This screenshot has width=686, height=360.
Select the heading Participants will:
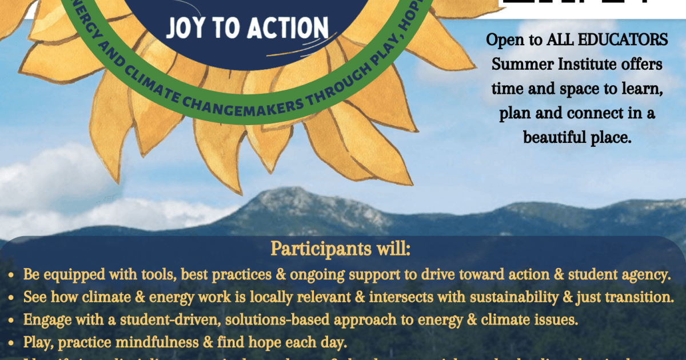click(341, 250)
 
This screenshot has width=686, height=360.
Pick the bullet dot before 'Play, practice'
click(12, 343)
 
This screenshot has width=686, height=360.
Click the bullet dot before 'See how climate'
click(12, 298)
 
